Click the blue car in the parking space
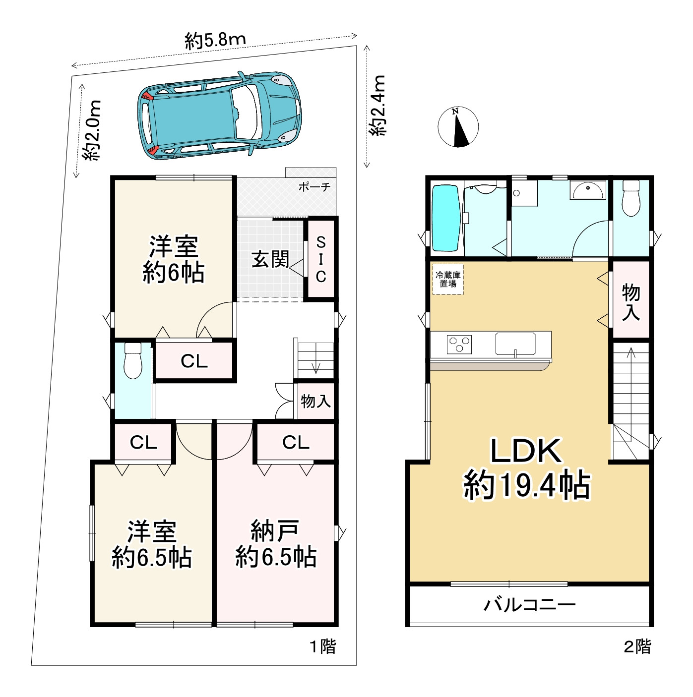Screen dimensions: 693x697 click(x=219, y=116)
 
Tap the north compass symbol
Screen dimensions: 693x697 click(x=458, y=127)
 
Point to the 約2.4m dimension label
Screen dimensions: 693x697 click(x=378, y=106)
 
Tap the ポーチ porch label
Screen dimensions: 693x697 click(x=315, y=186)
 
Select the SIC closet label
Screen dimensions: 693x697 click(x=321, y=259)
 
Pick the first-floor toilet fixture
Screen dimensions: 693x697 click(x=133, y=360)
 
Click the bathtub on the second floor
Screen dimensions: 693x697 click(x=446, y=218)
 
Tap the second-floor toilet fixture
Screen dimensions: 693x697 click(x=631, y=198)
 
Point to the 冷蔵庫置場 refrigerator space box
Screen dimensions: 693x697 click(x=448, y=279)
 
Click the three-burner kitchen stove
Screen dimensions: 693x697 click(x=459, y=344)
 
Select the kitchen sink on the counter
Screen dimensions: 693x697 click(x=515, y=344)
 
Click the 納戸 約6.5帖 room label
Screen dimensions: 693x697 click(x=275, y=544)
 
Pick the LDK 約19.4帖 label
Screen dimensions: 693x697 click(x=527, y=469)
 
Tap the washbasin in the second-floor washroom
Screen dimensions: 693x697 click(x=588, y=190)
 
